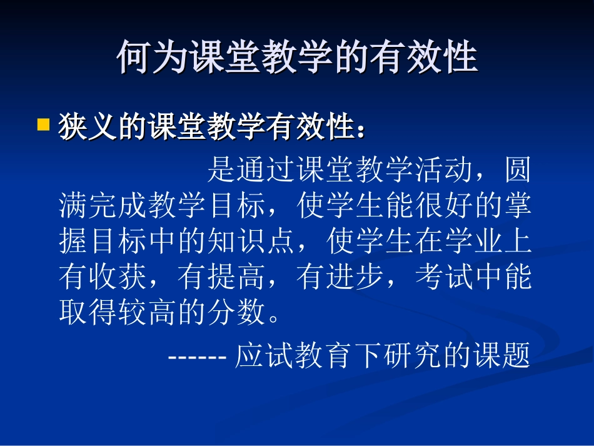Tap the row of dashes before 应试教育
197,357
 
